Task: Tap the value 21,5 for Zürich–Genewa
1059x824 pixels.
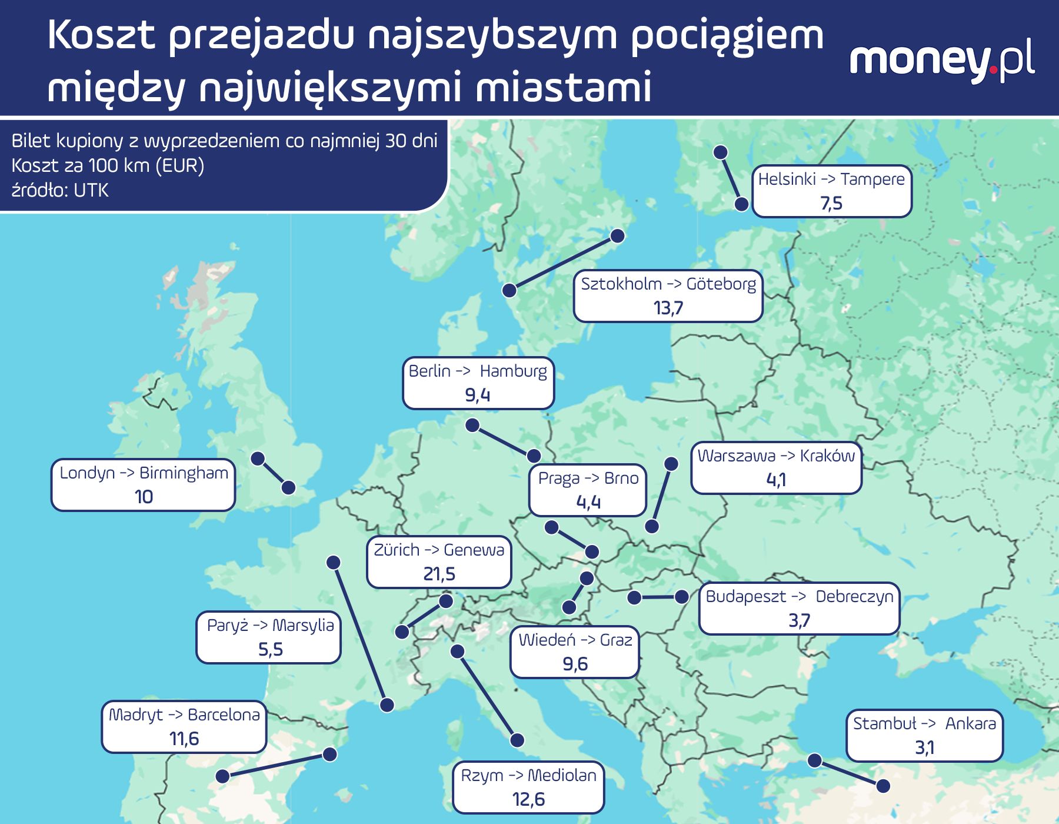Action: pyautogui.click(x=439, y=574)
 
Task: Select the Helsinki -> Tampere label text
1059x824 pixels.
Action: pyautogui.click(x=831, y=179)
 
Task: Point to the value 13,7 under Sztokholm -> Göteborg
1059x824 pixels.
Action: pyautogui.click(x=668, y=308)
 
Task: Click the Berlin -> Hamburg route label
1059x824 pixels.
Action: pyautogui.click(x=478, y=371)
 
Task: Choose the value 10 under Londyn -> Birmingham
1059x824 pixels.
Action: pyautogui.click(x=144, y=497)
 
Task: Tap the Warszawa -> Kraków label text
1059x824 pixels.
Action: pyautogui.click(x=776, y=456)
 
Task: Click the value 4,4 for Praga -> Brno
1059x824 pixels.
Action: pyautogui.click(x=588, y=502)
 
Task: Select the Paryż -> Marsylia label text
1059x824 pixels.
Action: pyautogui.click(x=270, y=625)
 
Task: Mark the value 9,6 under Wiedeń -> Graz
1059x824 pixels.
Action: pyautogui.click(x=575, y=664)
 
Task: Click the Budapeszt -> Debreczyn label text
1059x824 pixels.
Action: pyautogui.click(x=800, y=596)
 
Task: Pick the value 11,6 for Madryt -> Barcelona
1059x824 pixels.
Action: pyautogui.click(x=184, y=739)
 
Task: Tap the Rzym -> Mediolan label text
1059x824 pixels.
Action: pyautogui.click(x=528, y=775)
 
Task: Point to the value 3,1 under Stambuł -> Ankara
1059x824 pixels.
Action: pyautogui.click(x=924, y=747)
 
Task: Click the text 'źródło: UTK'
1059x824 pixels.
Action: pyautogui.click(x=60, y=190)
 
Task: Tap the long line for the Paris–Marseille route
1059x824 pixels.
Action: pyautogui.click(x=359, y=633)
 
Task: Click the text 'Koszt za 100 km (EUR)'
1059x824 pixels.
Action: pyautogui.click(x=108, y=165)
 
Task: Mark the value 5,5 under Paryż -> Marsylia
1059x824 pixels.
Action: pyautogui.click(x=270, y=649)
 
